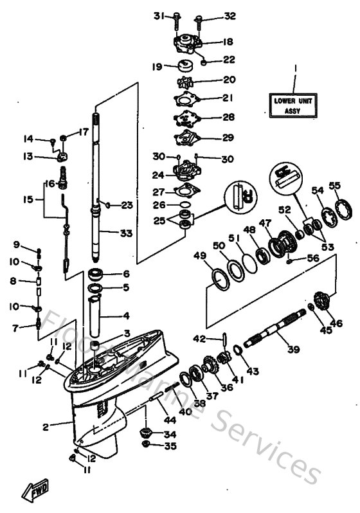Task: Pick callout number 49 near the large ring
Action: pyautogui.click(x=200, y=256)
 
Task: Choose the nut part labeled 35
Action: pyautogui.click(x=146, y=445)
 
